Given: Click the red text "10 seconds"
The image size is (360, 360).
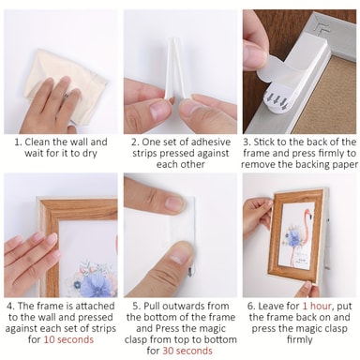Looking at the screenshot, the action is [x=68, y=339].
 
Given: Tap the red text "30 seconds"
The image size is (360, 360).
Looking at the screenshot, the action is [x=187, y=351].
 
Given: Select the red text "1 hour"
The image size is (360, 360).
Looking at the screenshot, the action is [x=317, y=306].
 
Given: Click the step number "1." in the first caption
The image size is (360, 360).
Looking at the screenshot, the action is [x=19, y=142].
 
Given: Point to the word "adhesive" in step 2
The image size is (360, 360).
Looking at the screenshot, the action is [x=211, y=142].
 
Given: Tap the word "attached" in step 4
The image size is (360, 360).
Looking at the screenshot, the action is [x=95, y=306].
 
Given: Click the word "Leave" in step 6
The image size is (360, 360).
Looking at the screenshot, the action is [x=284, y=306].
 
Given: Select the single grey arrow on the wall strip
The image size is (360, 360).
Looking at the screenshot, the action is [x=189, y=273].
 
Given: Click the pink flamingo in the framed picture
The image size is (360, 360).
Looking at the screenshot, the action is [x=303, y=237].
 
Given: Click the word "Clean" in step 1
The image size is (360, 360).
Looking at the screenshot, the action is [x=37, y=142].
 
